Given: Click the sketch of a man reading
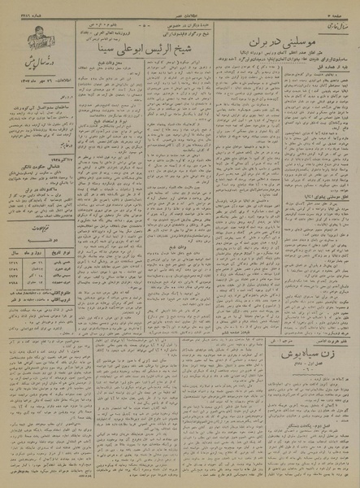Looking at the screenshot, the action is [32, 38].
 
